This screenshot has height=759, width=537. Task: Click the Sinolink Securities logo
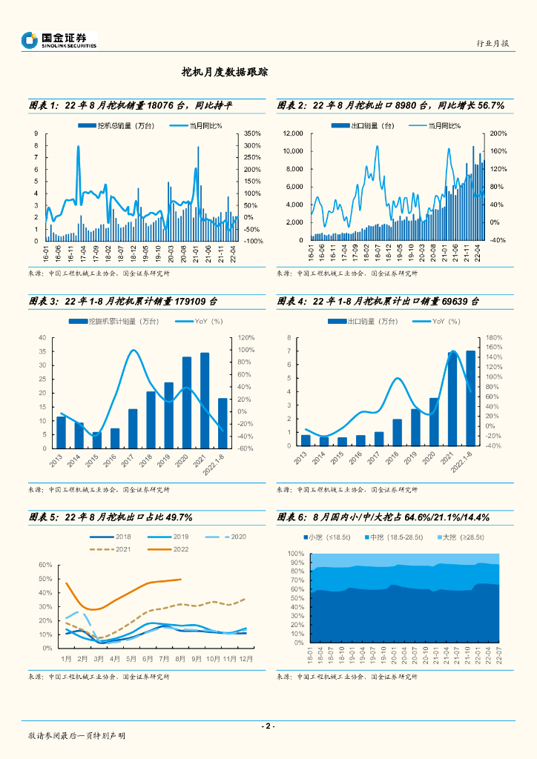point(59,40)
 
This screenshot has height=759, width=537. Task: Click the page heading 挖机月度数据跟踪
point(225,73)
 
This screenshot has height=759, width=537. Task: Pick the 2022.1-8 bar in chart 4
point(471,398)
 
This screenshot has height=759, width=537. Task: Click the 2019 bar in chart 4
point(415,427)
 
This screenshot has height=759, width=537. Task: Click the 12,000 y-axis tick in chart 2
point(294,133)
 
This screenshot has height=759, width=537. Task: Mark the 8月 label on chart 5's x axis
point(180,658)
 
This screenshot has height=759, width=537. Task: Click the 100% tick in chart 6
point(296,554)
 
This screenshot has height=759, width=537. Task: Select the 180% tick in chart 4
point(494,338)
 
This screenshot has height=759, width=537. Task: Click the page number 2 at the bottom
point(268,726)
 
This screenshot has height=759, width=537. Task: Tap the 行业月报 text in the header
point(492,44)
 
